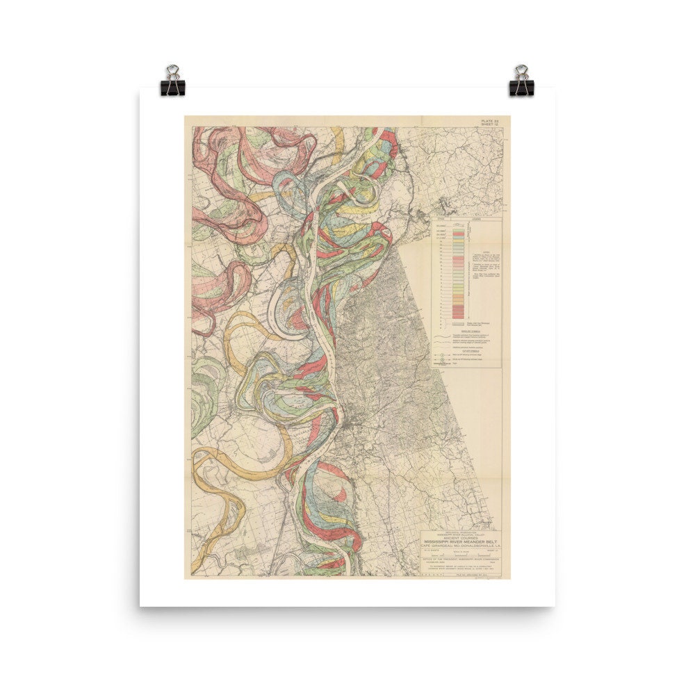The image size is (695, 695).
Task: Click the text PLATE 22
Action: click(x=491, y=121)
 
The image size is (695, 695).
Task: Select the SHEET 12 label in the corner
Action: click(x=491, y=126)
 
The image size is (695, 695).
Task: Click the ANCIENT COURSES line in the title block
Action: click(x=464, y=534)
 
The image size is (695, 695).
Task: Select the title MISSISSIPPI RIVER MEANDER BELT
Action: click(x=464, y=539)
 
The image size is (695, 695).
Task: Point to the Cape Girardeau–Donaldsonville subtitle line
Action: click(x=464, y=544)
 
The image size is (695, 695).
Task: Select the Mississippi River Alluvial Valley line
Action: click(x=464, y=531)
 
